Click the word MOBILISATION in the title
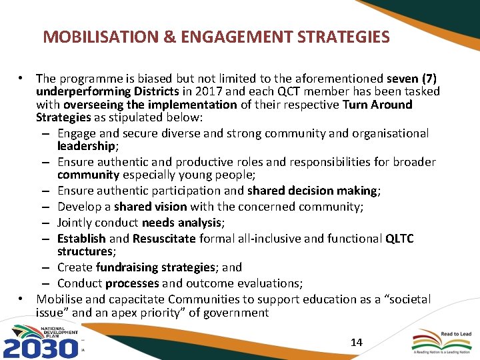click(99, 37)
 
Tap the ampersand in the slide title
click(170, 37)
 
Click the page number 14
click(356, 342)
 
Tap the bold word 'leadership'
click(87, 145)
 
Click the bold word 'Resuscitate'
click(164, 238)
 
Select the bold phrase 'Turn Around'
click(377, 105)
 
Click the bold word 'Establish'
click(81, 238)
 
